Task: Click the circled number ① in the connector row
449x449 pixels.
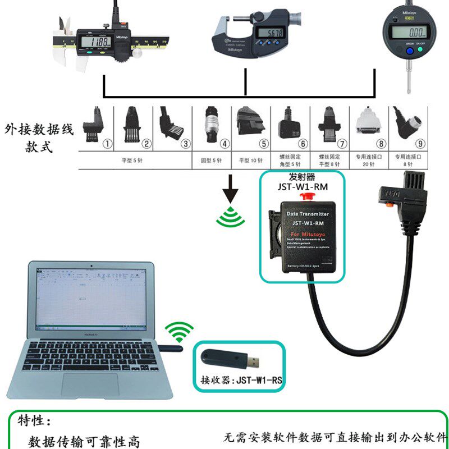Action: click(x=106, y=144)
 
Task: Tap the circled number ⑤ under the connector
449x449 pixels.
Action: click(x=264, y=144)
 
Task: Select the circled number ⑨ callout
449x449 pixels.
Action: click(x=420, y=144)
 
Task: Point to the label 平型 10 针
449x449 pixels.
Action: click(x=251, y=160)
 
